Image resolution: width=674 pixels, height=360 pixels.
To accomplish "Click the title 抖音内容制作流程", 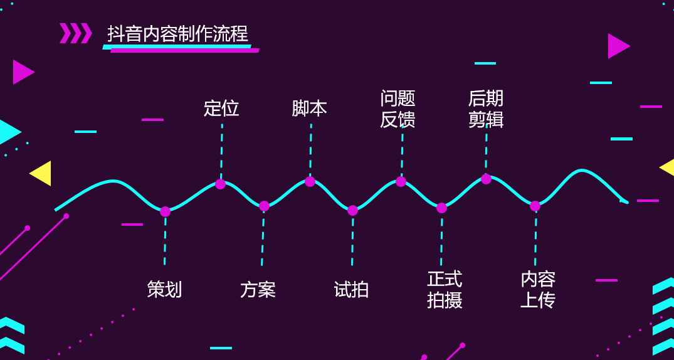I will coord(177,34).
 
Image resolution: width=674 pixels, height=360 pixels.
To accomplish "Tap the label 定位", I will coord(221,109).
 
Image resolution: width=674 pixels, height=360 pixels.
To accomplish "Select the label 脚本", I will coord(309,109).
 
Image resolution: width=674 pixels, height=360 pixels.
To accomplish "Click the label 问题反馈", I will coord(398,109).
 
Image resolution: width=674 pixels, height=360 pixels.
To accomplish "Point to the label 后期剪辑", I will coord(486,109).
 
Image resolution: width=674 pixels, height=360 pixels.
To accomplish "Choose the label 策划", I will coord(164,289).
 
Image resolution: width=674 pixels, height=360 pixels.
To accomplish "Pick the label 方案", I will coord(258,290).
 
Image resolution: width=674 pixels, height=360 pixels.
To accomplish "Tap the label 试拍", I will coord(351,290).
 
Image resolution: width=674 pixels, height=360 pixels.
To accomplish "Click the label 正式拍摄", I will coord(445,289).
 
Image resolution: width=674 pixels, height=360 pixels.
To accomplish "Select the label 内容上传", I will coord(538,289).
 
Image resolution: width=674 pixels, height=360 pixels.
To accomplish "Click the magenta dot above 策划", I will coord(165,211).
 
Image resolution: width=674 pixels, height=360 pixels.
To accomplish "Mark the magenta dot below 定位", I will coord(220,184).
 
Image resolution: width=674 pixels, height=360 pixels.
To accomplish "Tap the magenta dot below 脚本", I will coord(310,181).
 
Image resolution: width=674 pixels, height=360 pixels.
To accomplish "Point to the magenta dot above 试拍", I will coord(352,210).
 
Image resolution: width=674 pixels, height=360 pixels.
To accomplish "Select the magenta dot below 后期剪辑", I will coord(486,179).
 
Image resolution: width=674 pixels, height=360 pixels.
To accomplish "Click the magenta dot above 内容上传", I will coord(535,206).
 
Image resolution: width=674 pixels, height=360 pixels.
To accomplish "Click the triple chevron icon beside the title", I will coord(76,33).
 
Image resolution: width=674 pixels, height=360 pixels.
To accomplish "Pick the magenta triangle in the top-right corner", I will coord(618,46).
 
